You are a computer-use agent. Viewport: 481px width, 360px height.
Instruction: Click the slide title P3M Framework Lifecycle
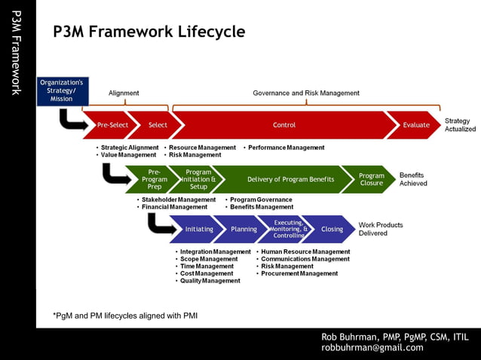click(x=149, y=32)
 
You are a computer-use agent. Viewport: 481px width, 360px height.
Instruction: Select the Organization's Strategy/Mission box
click(x=62, y=90)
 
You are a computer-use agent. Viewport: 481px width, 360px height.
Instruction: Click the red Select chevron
click(x=158, y=125)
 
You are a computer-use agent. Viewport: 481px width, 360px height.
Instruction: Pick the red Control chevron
click(x=284, y=125)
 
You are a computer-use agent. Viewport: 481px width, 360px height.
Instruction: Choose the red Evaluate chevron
click(x=415, y=125)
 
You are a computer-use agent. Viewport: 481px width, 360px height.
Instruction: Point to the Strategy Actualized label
click(x=460, y=125)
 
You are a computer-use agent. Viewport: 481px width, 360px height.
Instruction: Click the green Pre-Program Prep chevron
click(x=155, y=179)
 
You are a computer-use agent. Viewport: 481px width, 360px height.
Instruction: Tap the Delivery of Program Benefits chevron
click(x=290, y=179)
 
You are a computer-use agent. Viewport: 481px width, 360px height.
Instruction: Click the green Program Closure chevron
click(x=371, y=179)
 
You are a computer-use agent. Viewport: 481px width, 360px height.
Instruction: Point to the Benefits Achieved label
click(x=413, y=179)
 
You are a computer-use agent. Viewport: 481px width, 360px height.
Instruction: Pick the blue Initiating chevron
click(x=199, y=229)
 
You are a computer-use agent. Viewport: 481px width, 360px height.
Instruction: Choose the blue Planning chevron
click(x=244, y=229)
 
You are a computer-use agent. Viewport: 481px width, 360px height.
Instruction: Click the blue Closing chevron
click(x=332, y=229)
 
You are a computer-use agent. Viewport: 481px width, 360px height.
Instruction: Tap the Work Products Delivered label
click(x=380, y=229)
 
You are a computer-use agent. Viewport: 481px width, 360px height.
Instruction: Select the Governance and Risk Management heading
click(x=306, y=93)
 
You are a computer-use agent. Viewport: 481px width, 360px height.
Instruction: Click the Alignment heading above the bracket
click(x=124, y=93)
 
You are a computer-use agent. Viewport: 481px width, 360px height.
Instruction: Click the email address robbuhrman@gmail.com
click(x=372, y=348)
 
